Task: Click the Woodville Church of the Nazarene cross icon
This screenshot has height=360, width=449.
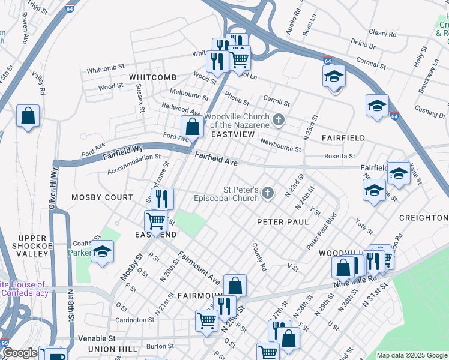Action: (x=278, y=120)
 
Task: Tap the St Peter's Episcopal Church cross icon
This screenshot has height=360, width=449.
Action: (x=267, y=193)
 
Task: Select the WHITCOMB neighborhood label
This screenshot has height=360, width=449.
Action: (x=152, y=77)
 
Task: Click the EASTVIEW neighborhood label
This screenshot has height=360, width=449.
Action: (x=232, y=134)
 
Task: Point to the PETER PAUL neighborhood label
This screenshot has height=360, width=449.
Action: (x=283, y=222)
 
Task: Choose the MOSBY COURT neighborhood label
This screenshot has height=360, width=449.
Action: (x=102, y=197)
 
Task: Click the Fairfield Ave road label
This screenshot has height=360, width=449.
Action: (x=215, y=159)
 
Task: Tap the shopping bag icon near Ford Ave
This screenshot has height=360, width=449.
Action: (x=192, y=127)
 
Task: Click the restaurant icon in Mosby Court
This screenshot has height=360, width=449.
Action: (x=161, y=198)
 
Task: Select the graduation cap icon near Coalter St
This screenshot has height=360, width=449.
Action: (x=103, y=252)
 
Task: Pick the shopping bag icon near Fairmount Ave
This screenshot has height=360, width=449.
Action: (x=235, y=285)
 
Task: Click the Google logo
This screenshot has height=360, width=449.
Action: (x=19, y=353)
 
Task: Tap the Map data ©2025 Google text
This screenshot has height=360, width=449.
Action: (x=412, y=355)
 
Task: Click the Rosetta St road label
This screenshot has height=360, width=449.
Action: (x=339, y=156)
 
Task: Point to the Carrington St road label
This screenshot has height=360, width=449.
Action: (x=134, y=320)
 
